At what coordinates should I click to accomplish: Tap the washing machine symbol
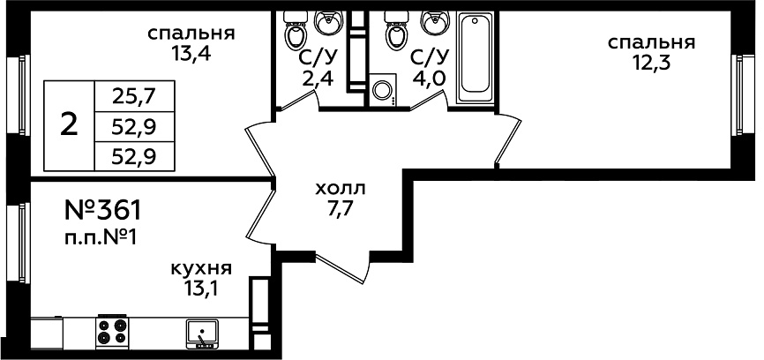tap(383, 90)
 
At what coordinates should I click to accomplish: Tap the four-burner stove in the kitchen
tap(111, 332)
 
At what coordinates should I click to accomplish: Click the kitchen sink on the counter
tap(202, 334)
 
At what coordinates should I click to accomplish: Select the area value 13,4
tap(191, 54)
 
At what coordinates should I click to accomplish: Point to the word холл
tap(341, 188)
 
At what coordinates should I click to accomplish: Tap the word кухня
tap(201, 269)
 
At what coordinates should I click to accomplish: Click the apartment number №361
tap(102, 211)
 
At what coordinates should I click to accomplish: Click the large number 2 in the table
tap(69, 125)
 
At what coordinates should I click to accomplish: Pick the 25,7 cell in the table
tap(133, 97)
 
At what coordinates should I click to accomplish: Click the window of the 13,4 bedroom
tap(19, 94)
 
